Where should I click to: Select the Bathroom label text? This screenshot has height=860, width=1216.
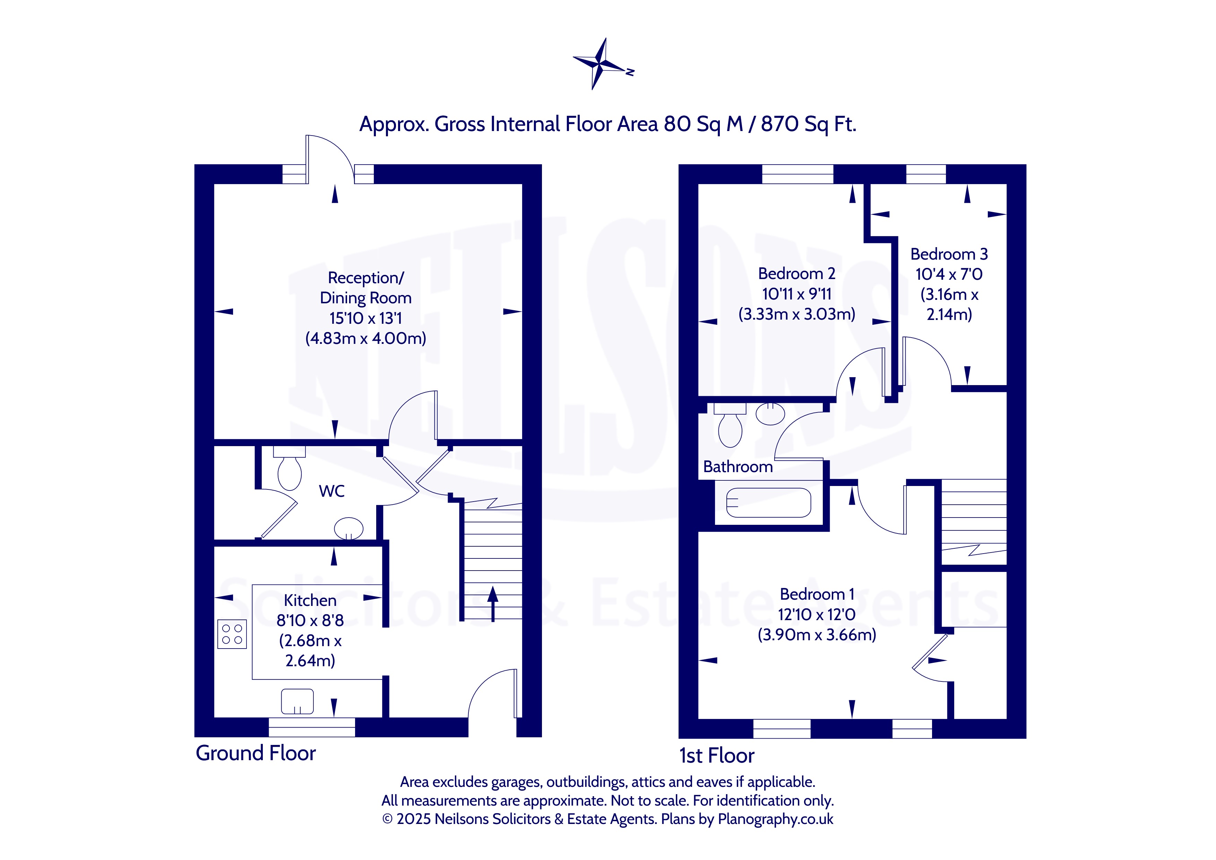[738, 467]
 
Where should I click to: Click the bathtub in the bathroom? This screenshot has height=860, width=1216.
[768, 503]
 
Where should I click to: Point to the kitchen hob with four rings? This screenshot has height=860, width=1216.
[232, 634]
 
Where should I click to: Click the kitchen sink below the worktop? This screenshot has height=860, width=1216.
[297, 701]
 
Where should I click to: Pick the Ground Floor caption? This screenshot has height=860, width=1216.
[256, 753]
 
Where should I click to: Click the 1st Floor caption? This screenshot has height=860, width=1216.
[717, 756]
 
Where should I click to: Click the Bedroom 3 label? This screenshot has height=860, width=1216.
[949, 254]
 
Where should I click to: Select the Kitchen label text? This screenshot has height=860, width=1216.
[310, 600]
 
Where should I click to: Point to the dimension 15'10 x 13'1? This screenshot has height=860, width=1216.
[365, 318]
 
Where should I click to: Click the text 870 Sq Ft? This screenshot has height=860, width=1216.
[808, 124]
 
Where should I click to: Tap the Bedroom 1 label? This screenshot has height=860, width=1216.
[817, 594]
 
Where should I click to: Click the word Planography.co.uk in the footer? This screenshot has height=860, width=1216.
[775, 819]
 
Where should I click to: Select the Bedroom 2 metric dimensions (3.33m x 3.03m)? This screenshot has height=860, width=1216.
[796, 314]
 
